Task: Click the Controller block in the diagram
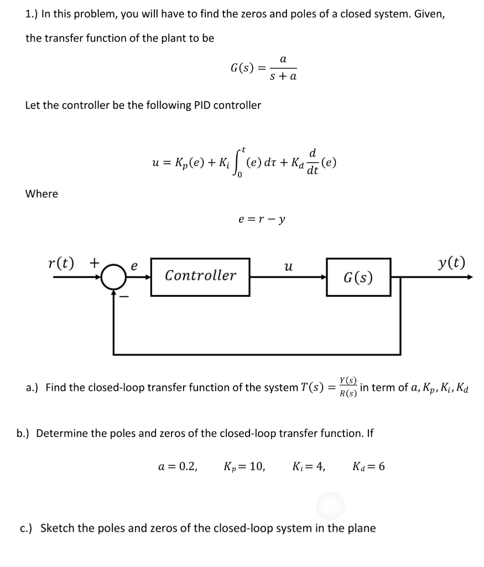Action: pyautogui.click(x=200, y=276)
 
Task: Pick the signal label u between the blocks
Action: pyautogui.click(x=288, y=266)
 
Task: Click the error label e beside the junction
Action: pyautogui.click(x=133, y=265)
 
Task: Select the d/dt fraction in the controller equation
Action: pyautogui.click(x=313, y=161)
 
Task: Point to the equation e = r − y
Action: pyautogui.click(x=262, y=219)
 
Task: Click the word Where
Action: pyautogui.click(x=42, y=194)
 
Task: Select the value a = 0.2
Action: pyautogui.click(x=178, y=466)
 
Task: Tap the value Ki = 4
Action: pyautogui.click(x=308, y=466)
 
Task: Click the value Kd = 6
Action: pyautogui.click(x=368, y=466)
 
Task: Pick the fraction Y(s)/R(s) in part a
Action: pyautogui.click(x=348, y=388)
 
